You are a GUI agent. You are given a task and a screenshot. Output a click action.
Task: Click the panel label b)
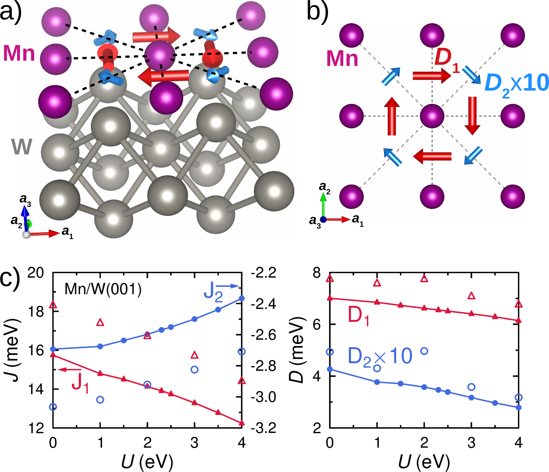[317, 12]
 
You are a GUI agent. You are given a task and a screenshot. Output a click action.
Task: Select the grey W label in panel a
[22, 147]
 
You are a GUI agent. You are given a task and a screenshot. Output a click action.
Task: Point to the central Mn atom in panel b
[432, 116]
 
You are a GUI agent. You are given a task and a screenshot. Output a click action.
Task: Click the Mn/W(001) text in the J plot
[103, 289]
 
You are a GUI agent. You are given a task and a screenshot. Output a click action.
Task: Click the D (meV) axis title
[297, 350]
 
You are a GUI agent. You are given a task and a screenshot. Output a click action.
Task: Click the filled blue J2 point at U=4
[242, 299]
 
